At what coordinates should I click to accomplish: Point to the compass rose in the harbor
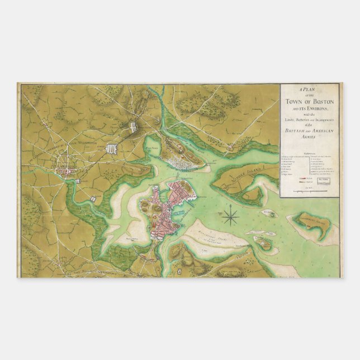pyautogui.click(x=231, y=216)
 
